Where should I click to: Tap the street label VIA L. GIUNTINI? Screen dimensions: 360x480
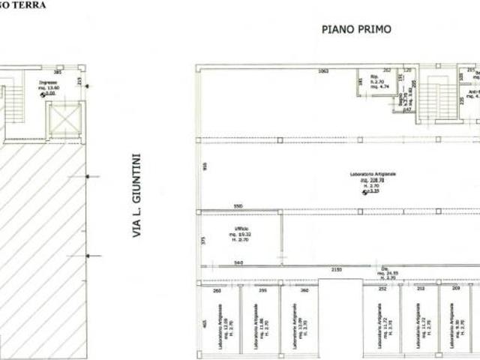point(137,197)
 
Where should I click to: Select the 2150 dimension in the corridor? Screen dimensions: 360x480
point(337,269)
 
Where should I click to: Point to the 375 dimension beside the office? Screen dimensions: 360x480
point(203,240)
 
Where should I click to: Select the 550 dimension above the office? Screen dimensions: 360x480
point(237,205)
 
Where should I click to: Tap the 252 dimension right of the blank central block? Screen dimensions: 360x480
point(381,288)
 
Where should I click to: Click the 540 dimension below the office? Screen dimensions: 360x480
point(237,262)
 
